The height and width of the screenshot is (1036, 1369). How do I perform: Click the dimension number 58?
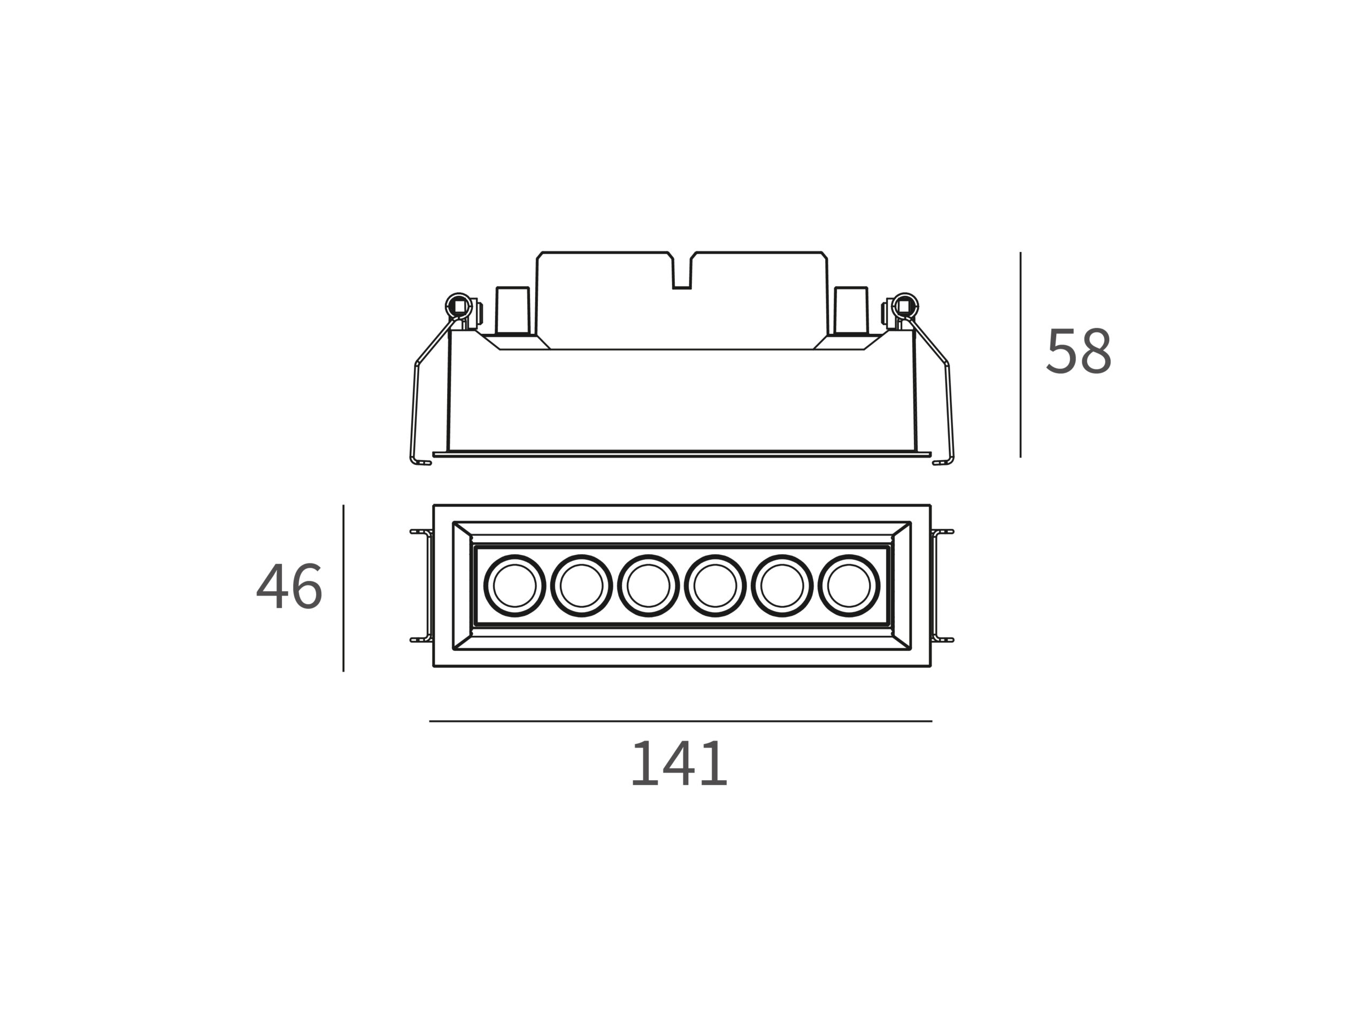point(1079,351)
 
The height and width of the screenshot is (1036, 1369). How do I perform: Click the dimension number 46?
point(289,586)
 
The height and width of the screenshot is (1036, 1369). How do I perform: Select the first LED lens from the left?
point(514,586)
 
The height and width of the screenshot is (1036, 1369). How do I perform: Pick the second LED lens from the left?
point(581,586)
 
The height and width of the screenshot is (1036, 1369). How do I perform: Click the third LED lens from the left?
point(648,586)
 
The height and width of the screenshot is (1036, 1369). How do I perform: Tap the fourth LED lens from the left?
point(715,586)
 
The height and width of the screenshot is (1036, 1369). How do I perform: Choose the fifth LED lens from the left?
point(782,586)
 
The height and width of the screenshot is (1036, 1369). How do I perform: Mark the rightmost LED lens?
point(849,586)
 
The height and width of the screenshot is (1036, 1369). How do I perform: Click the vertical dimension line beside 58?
point(1020,355)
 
